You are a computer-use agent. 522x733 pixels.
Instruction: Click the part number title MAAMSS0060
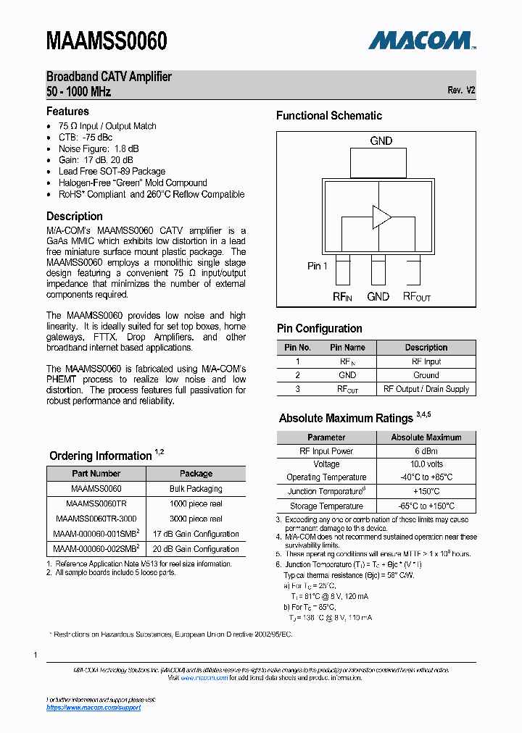click(x=107, y=41)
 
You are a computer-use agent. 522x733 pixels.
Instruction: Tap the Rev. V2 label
click(x=461, y=91)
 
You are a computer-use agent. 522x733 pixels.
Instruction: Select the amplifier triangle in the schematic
click(x=381, y=216)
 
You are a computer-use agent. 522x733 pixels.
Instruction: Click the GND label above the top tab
click(x=381, y=141)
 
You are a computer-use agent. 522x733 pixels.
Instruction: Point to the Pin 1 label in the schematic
click(x=318, y=266)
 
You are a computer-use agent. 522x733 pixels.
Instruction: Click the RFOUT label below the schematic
click(x=417, y=296)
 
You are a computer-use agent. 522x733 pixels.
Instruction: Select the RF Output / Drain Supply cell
click(x=426, y=389)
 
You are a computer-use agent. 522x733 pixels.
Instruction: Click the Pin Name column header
click(x=347, y=348)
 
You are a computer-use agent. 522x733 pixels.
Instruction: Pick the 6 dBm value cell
click(x=426, y=451)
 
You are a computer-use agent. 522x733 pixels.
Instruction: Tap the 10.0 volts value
click(x=426, y=464)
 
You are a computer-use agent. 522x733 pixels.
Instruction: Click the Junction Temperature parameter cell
click(x=326, y=492)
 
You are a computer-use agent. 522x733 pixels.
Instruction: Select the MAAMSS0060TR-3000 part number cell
click(x=96, y=519)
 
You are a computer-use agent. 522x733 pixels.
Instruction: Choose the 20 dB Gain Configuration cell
click(x=196, y=549)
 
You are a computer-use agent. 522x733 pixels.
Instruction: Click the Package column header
click(x=196, y=474)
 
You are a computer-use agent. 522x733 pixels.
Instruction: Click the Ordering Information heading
click(x=101, y=456)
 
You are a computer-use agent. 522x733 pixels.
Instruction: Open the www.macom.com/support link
click(x=94, y=707)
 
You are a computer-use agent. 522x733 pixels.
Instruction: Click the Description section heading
click(x=75, y=216)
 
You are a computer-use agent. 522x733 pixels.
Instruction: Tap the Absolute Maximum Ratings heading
click(x=346, y=418)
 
